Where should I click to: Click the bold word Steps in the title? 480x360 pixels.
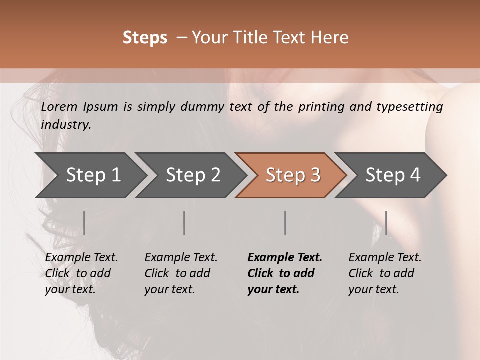[x=145, y=38]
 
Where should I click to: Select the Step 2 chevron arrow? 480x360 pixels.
[x=193, y=175]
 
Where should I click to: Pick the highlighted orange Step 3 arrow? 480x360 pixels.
[x=293, y=175]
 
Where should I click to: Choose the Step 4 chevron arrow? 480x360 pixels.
[x=393, y=175]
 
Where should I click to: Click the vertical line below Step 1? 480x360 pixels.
[x=84, y=223]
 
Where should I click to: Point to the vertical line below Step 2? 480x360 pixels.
[x=184, y=223]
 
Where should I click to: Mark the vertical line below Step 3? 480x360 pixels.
[x=285, y=223]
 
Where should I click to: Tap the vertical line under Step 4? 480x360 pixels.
[x=386, y=223]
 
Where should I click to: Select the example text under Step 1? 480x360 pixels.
[x=81, y=273]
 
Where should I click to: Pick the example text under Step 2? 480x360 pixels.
[x=181, y=273]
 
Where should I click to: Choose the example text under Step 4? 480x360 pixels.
[x=385, y=273]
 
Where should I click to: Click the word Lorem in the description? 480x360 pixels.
[x=59, y=107]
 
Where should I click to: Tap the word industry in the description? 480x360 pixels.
[x=66, y=125]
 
